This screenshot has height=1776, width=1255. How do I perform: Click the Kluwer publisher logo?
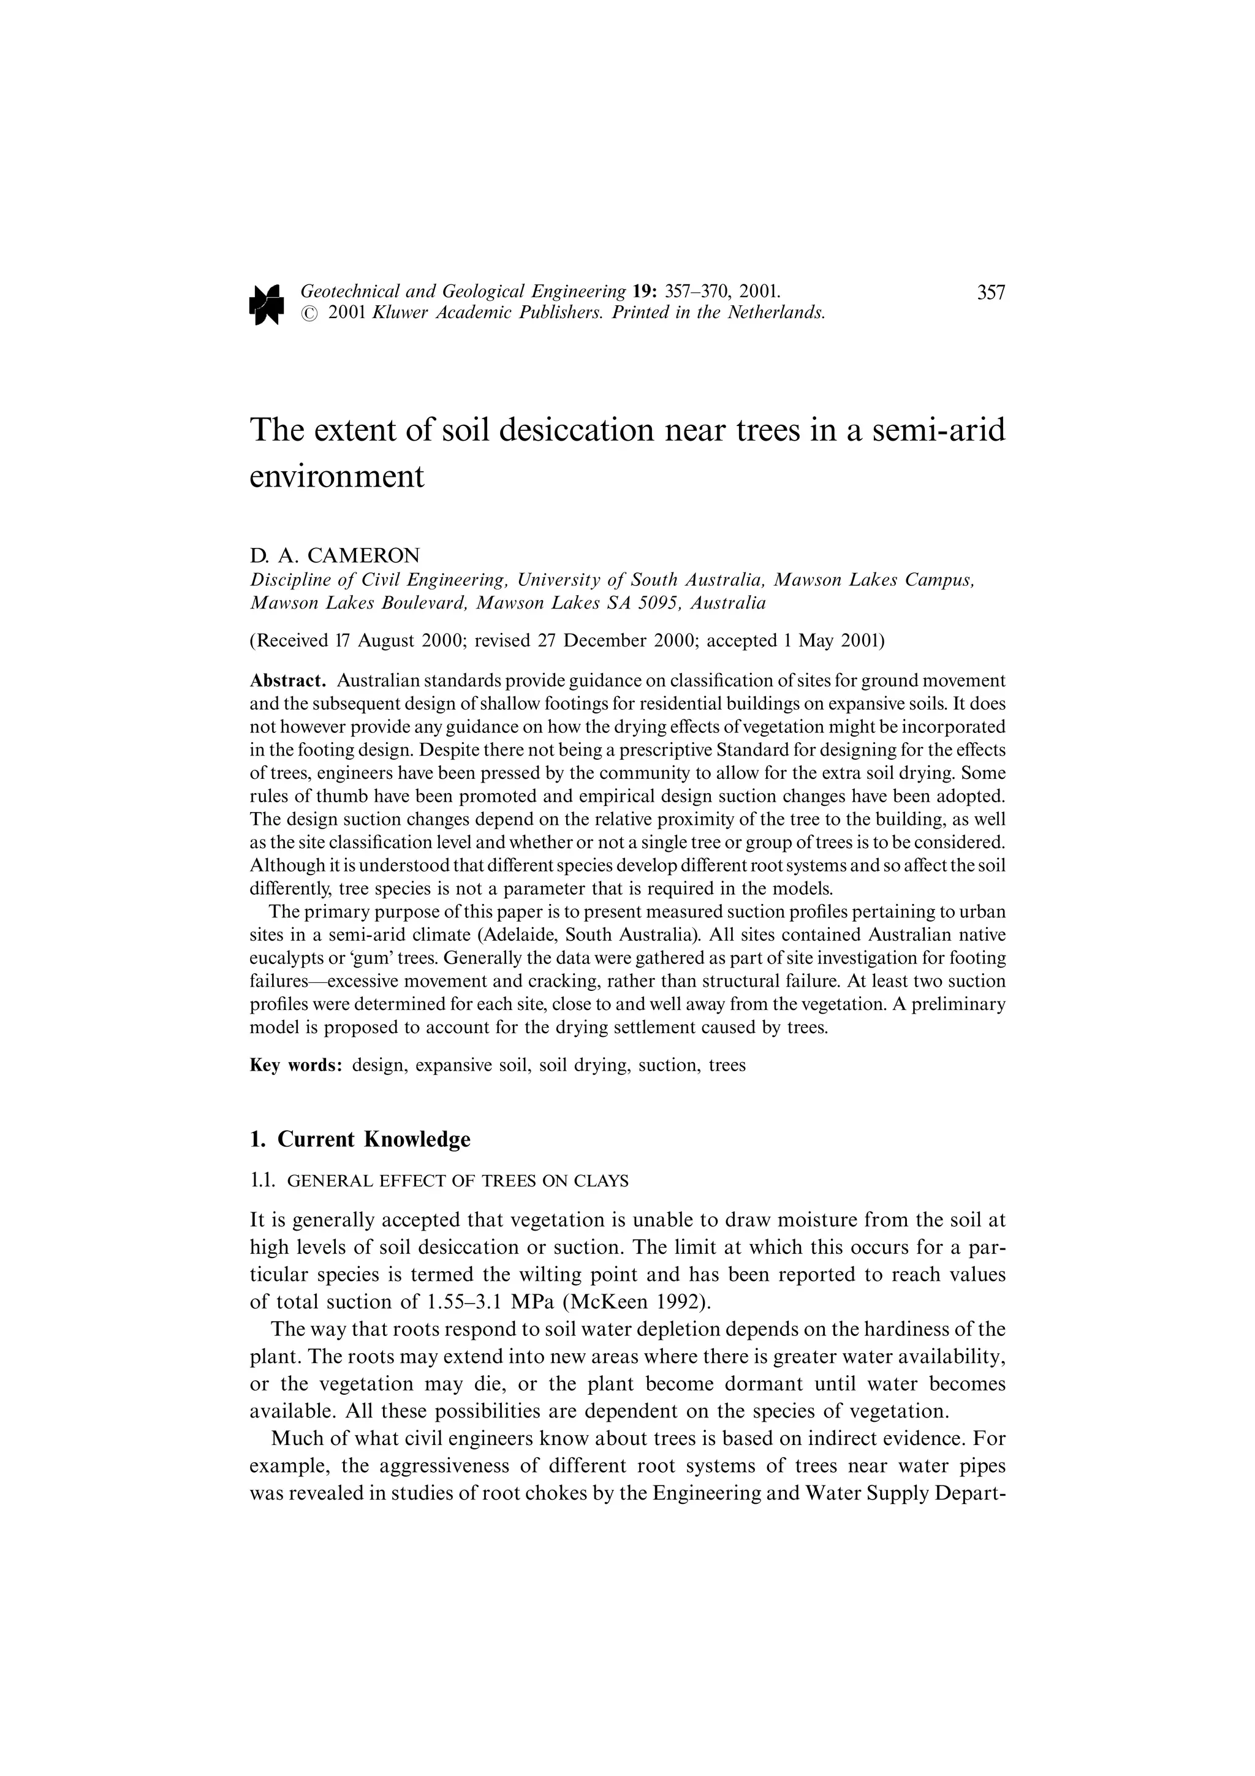[267, 303]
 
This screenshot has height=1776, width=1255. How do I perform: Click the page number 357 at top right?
[990, 292]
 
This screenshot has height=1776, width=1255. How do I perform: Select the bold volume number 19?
[643, 292]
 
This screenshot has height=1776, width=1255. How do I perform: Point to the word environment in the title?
[337, 477]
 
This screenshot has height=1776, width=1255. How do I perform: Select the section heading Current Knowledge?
[373, 1139]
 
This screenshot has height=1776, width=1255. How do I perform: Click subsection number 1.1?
[263, 1181]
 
